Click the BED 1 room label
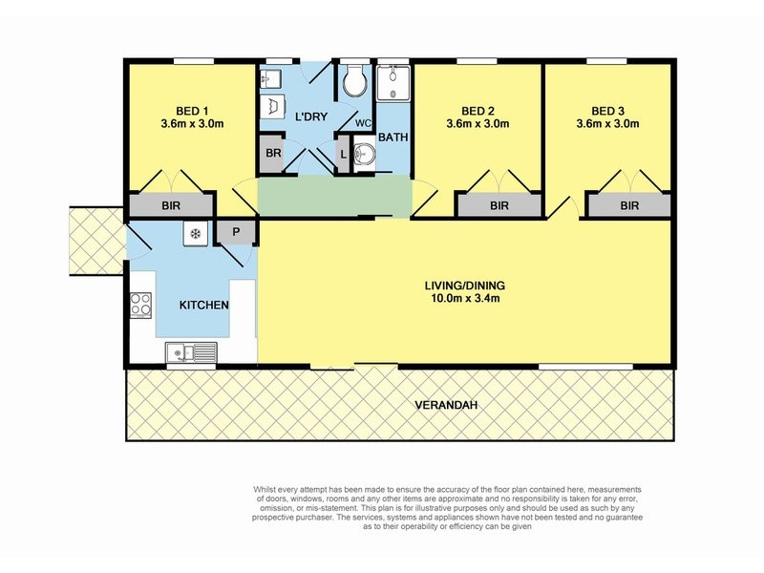pyautogui.click(x=192, y=111)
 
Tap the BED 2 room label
pyautogui.click(x=477, y=111)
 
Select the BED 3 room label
pyautogui.click(x=607, y=111)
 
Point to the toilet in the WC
pyautogui.click(x=354, y=81)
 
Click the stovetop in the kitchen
pyautogui.click(x=140, y=305)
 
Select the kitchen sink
pyautogui.click(x=191, y=352)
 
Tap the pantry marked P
pyautogui.click(x=236, y=232)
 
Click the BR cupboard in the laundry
pyautogui.click(x=272, y=154)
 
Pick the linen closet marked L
pyautogui.click(x=343, y=155)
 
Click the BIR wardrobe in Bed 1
pyautogui.click(x=171, y=205)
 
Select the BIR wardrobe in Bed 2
pyautogui.click(x=499, y=205)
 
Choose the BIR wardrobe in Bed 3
pyautogui.click(x=629, y=205)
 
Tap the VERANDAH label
pyautogui.click(x=446, y=405)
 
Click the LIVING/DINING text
pyautogui.click(x=465, y=286)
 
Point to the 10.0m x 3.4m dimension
pyautogui.click(x=465, y=298)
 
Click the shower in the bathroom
pyautogui.click(x=393, y=83)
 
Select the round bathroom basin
pyautogui.click(x=364, y=154)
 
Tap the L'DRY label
pyautogui.click(x=311, y=117)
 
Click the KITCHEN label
pyautogui.click(x=203, y=306)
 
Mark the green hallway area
pyautogui.click(x=334, y=196)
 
